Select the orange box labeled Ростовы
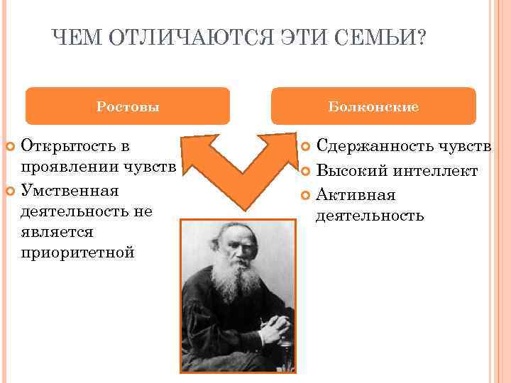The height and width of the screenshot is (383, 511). pos(128,106)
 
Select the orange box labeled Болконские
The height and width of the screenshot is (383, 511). pos(373,106)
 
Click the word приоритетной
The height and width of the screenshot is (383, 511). pos(77,252)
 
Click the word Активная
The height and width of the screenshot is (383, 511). pos(356,194)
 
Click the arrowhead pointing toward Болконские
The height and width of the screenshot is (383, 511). pos(274,145)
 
